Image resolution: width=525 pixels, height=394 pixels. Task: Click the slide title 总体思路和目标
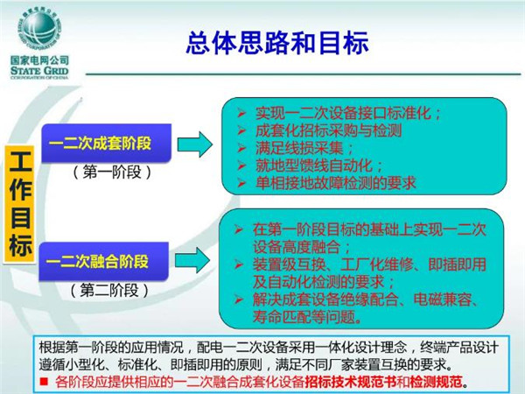point(277,43)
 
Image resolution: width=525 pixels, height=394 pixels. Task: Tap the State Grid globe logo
point(39,28)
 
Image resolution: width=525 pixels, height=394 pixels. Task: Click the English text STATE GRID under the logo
point(39,71)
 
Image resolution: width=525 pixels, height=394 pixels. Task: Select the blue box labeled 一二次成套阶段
point(107,143)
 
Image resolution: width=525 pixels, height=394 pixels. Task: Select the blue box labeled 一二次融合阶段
point(103,261)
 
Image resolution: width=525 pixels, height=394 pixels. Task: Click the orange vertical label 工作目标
point(19,204)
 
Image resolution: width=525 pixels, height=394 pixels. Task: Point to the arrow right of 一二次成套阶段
point(195,144)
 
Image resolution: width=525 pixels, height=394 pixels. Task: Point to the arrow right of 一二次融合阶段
point(192,260)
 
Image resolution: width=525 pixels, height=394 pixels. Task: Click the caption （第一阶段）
point(112,172)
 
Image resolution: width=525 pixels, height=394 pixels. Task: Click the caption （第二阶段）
point(109,290)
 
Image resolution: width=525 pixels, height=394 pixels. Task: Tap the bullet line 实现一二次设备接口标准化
point(347,113)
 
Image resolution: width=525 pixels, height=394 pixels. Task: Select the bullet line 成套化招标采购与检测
point(328,130)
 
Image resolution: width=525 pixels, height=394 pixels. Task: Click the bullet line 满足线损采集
point(304,148)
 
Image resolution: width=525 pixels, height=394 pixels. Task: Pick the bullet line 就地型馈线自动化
point(318,165)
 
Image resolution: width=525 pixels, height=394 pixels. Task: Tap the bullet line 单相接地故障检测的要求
point(335,183)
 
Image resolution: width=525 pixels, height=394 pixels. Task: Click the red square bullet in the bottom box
point(44,381)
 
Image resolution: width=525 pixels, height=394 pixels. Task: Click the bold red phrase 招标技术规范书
point(346,382)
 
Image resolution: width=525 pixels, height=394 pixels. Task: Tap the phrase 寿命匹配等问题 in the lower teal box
point(304,317)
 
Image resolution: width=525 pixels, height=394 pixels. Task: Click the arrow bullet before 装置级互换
point(238,264)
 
